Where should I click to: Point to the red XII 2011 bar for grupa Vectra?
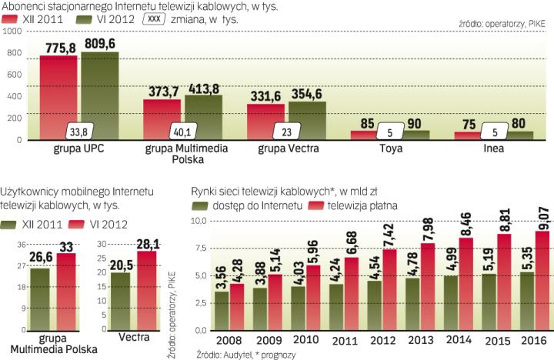point(265,119)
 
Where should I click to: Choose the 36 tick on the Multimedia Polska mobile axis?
point(22,244)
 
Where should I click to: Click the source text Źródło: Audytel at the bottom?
point(224,353)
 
